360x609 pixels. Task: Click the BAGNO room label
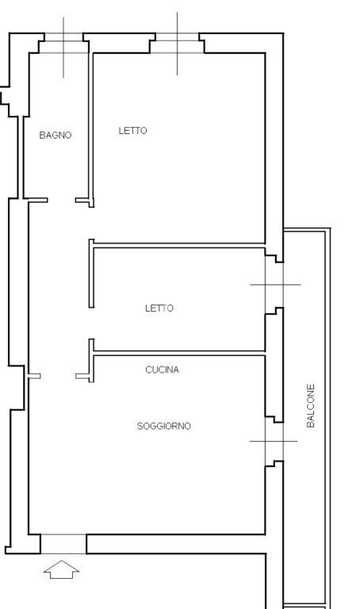[56, 135]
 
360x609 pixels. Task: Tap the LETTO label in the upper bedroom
[132, 131]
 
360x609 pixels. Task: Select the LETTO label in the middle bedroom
[159, 308]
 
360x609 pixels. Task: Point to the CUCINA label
[163, 370]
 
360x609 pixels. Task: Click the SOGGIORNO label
[164, 426]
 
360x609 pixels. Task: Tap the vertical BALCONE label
[311, 406]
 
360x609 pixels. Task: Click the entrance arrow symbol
[61, 569]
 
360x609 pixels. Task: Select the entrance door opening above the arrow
[63, 544]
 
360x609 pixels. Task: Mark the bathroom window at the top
[63, 43]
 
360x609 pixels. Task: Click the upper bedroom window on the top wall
[177, 43]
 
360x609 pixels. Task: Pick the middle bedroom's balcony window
[274, 285]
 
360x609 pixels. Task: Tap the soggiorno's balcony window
[274, 441]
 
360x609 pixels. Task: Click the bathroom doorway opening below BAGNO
[61, 201]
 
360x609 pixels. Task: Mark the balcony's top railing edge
[307, 230]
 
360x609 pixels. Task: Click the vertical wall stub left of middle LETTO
[92, 274]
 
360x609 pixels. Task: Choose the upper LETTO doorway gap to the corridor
[92, 224]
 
